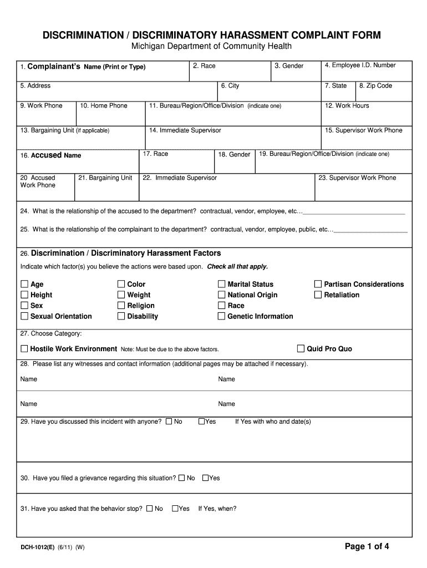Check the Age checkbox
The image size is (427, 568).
24,285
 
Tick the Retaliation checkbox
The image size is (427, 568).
318,295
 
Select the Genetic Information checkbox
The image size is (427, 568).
222,316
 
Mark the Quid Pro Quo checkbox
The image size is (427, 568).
301,349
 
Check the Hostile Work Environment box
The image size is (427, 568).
24,349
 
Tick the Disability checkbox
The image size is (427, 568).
121,316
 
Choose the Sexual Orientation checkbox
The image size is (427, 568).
24,316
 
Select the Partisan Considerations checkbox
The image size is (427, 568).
318,285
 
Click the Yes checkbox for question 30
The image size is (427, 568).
206,478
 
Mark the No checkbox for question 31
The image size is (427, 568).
149,509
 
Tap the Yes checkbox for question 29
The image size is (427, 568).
202,422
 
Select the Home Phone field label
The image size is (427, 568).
104,106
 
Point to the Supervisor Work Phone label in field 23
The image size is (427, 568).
357,178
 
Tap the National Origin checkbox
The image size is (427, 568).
222,295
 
